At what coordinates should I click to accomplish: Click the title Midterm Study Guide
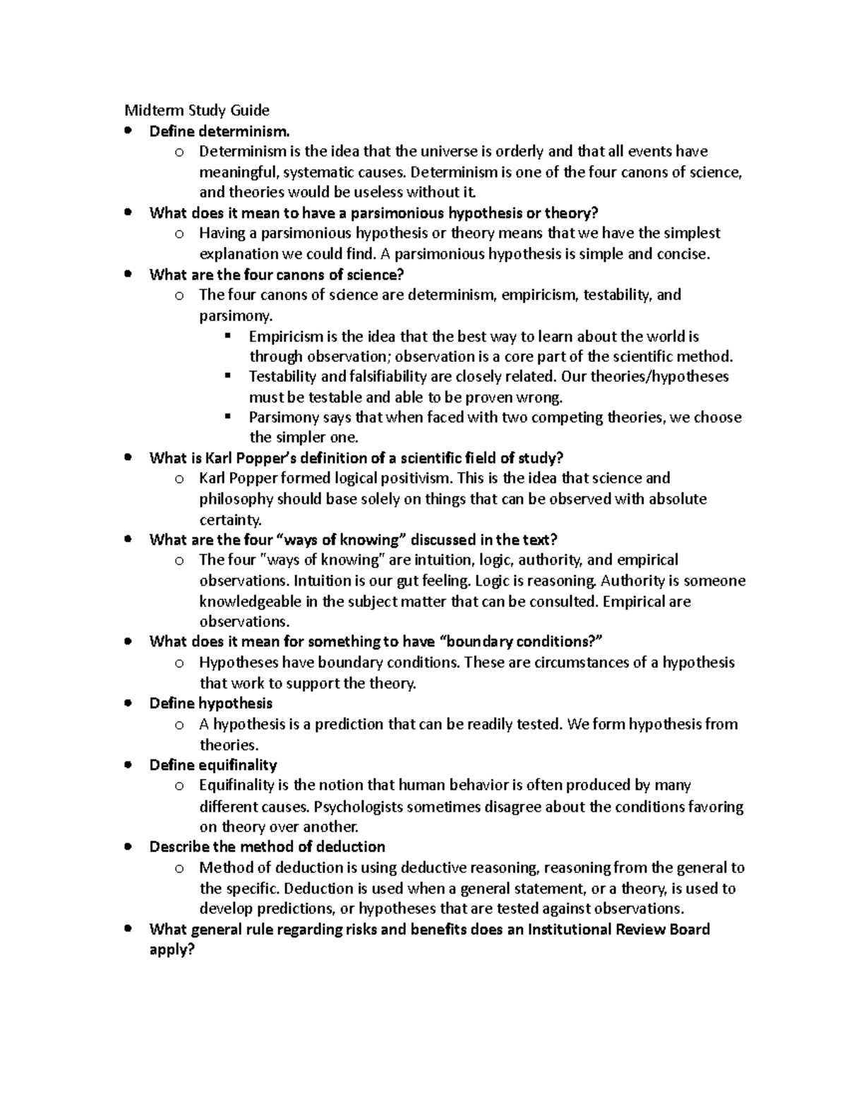pyautogui.click(x=197, y=110)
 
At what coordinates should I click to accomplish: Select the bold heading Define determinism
pyautogui.click(x=219, y=131)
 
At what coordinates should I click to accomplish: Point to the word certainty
pyautogui.click(x=230, y=520)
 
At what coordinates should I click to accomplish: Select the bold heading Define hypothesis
pyautogui.click(x=210, y=704)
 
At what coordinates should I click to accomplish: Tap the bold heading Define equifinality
pyautogui.click(x=213, y=765)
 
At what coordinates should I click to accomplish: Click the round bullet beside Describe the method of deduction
pyautogui.click(x=128, y=847)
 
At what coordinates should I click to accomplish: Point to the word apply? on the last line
pyautogui.click(x=172, y=950)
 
